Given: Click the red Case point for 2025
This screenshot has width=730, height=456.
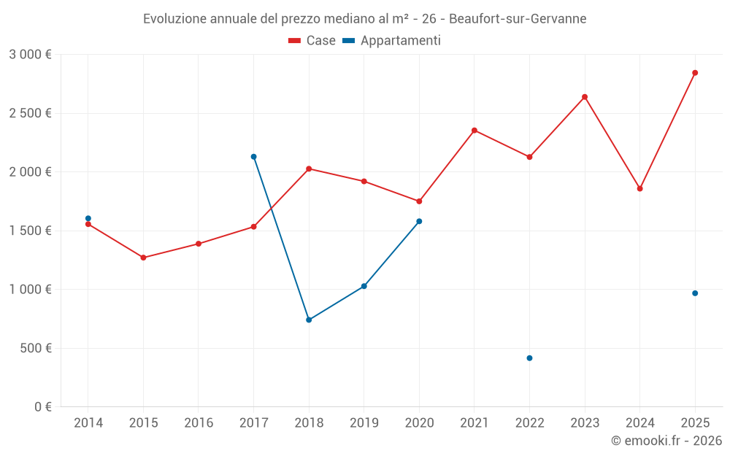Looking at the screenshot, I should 695,73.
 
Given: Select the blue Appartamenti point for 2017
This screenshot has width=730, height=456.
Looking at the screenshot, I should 253,157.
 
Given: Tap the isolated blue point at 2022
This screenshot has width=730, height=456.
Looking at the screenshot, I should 529,358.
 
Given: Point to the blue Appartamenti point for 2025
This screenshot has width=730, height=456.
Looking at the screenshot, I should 695,293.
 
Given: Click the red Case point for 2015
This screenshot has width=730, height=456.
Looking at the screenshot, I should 143,258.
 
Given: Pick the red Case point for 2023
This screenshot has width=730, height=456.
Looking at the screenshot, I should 585,97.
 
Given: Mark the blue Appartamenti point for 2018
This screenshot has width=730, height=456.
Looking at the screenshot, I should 309,320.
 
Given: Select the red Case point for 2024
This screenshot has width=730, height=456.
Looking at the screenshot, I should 639,189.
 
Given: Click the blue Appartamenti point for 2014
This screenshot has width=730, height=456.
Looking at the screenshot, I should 88,218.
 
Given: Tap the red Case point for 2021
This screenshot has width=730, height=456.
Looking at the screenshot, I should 474,131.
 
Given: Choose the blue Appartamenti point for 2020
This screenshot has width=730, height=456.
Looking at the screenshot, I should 419,221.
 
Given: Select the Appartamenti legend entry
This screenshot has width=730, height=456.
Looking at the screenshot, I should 392,41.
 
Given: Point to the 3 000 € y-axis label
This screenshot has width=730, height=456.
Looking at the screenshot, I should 30,55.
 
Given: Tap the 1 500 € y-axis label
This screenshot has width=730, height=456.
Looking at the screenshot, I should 30,231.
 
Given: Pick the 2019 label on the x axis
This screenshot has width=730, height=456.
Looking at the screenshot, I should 364,423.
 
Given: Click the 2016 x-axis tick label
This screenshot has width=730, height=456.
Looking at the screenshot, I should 199,423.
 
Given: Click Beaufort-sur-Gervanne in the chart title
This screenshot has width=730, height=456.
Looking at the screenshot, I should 518,19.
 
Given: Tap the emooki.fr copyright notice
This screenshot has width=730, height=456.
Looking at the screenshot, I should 666,441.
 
